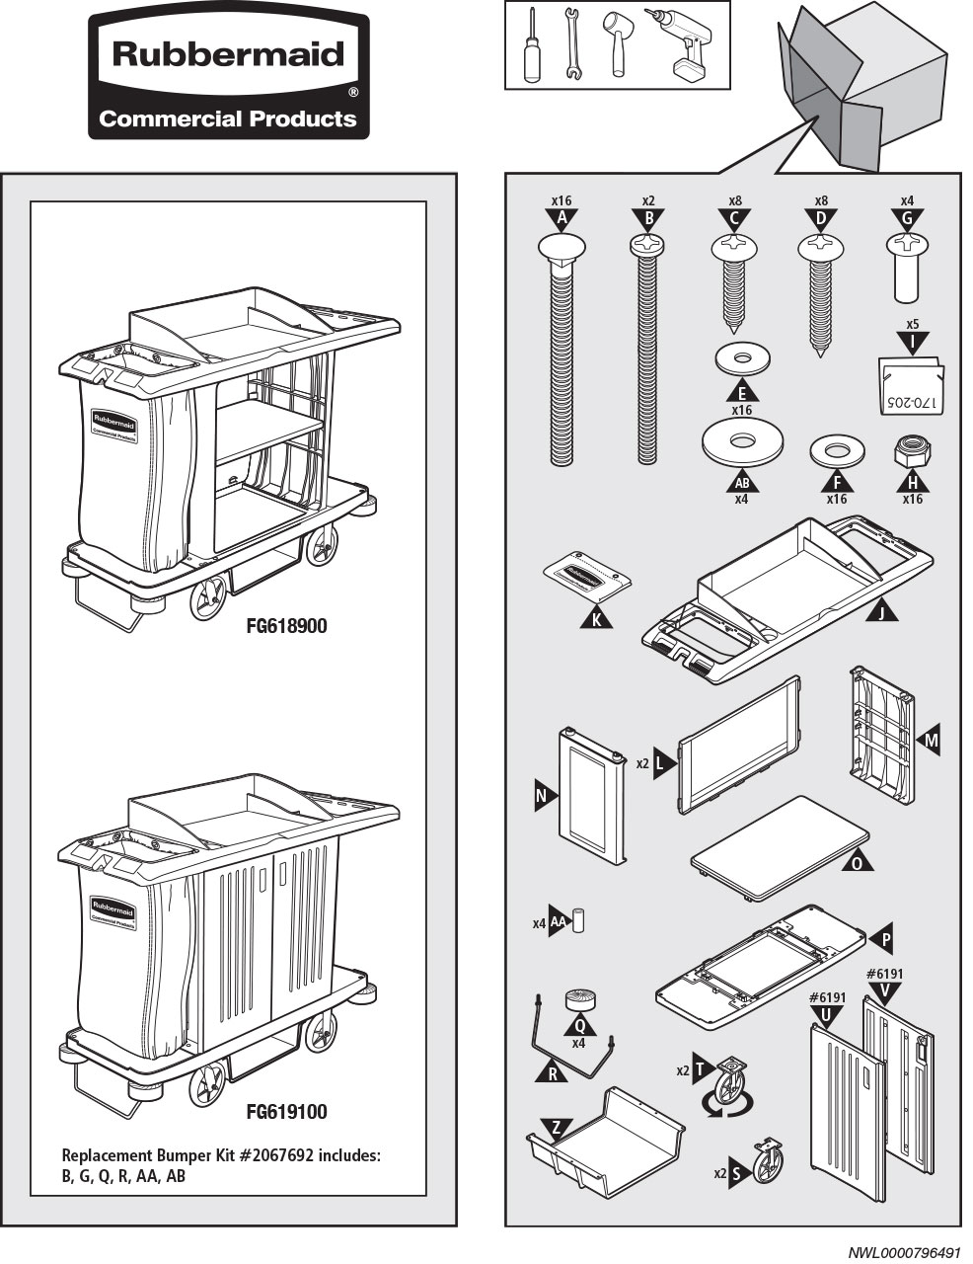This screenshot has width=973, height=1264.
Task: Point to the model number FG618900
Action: click(286, 626)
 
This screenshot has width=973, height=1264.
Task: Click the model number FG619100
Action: click(286, 1112)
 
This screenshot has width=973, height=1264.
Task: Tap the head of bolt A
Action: click(561, 247)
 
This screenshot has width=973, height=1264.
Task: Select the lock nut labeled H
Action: click(911, 452)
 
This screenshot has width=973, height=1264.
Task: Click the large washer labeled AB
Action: click(742, 441)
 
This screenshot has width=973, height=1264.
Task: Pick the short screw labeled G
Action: click(907, 267)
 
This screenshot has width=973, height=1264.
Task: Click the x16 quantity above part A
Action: click(561, 200)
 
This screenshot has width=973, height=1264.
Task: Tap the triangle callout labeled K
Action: click(596, 617)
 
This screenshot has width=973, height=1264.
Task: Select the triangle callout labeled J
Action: click(882, 612)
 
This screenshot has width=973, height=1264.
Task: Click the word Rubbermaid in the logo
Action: click(228, 53)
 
